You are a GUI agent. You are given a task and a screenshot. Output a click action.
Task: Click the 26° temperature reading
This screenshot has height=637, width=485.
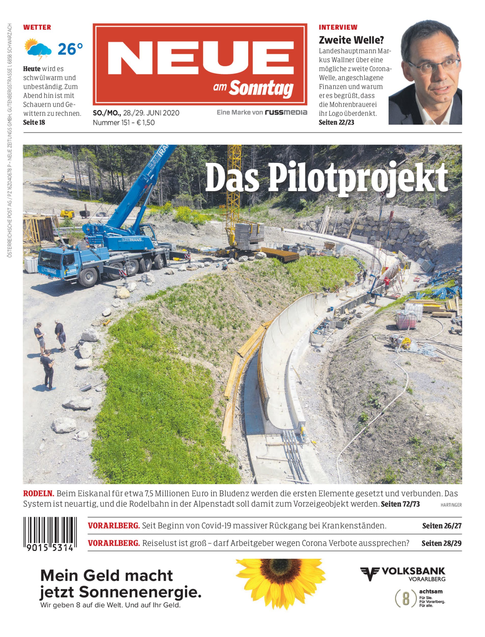coord(70,49)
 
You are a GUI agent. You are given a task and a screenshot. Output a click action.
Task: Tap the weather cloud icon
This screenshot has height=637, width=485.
coord(38,49)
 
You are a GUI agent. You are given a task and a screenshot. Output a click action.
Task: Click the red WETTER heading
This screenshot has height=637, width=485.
coord(37,28)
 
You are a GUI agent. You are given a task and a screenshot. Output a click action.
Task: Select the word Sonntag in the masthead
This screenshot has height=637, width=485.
coord(261,88)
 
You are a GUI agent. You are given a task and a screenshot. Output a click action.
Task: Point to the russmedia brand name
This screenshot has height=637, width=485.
coord(286,112)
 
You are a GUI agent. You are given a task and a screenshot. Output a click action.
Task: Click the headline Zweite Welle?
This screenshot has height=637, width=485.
coord(351,40)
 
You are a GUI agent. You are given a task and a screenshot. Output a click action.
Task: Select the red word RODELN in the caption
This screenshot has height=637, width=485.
coord(39,493)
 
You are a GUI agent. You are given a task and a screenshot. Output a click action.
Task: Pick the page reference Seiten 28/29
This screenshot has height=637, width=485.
coord(441,543)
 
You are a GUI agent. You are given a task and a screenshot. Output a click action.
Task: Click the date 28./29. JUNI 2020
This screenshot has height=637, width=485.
coord(151,113)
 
